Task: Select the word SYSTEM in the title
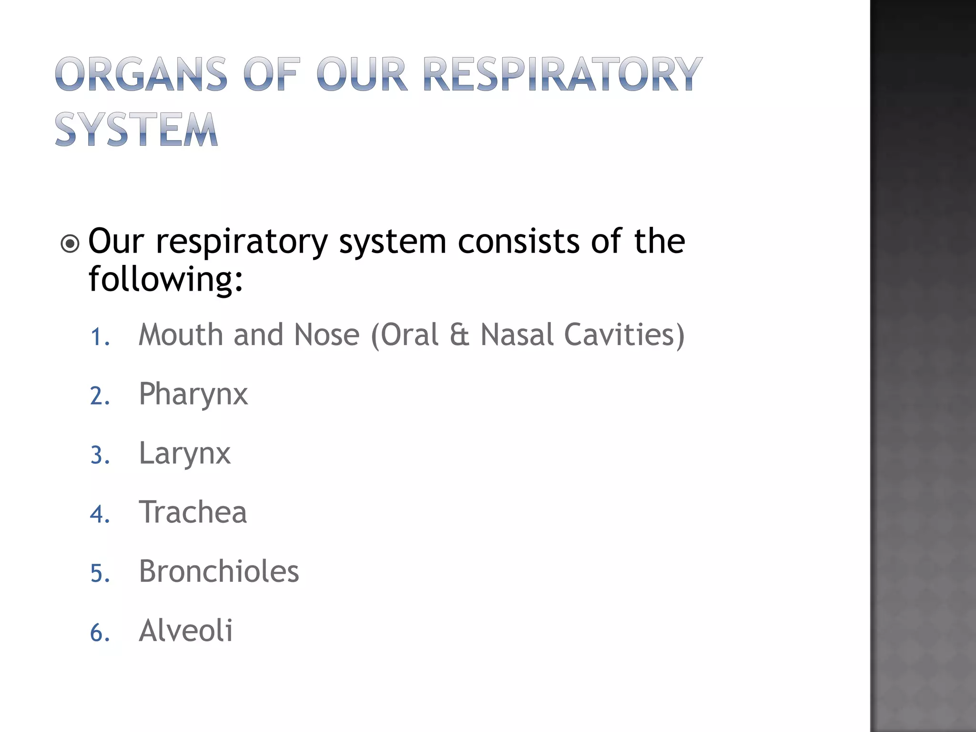click(x=137, y=129)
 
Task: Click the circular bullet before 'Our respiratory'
click(x=70, y=244)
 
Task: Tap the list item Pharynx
click(x=193, y=395)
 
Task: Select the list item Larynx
click(x=184, y=454)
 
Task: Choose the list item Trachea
click(x=193, y=512)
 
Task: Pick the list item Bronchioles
click(x=219, y=571)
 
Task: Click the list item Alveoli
click(x=185, y=630)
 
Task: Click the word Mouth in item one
click(x=181, y=335)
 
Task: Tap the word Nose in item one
click(x=326, y=335)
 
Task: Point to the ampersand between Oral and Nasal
click(x=459, y=335)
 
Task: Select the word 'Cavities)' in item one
click(x=624, y=335)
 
